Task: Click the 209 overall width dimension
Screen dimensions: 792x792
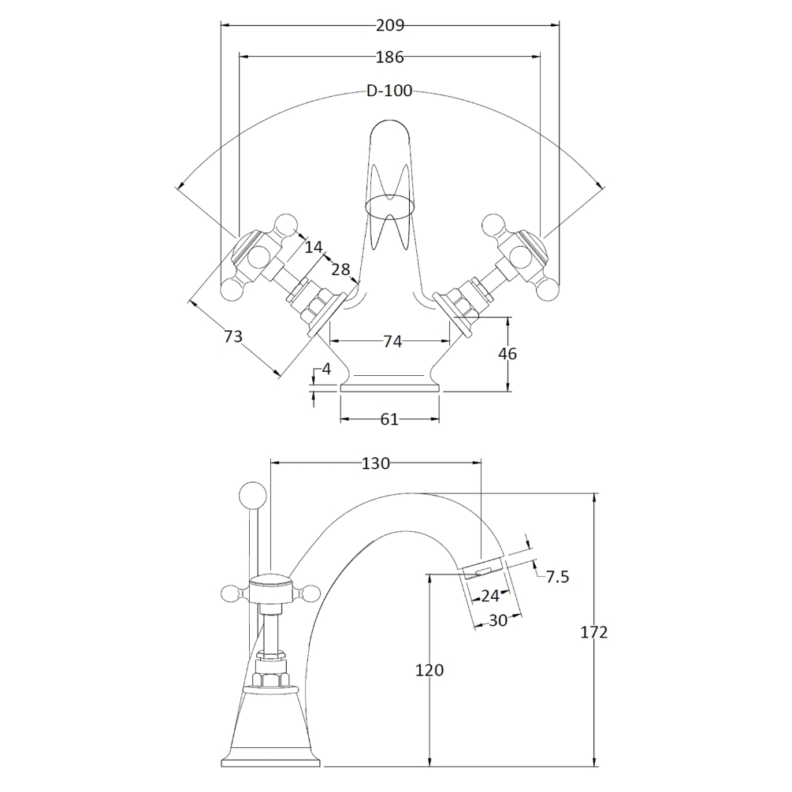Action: (x=390, y=25)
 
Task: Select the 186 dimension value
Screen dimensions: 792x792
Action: (x=389, y=57)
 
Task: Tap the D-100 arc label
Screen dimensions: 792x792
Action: (x=389, y=91)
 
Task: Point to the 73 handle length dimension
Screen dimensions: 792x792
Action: (x=232, y=337)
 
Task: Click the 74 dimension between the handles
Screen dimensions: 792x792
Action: (x=392, y=342)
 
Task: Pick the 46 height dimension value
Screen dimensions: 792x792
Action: (x=508, y=354)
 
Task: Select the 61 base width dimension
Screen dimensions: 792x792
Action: (x=389, y=419)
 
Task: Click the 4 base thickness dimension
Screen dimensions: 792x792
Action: (x=326, y=370)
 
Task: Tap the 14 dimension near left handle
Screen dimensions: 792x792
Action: (x=313, y=247)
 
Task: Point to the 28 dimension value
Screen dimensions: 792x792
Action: (x=340, y=270)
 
